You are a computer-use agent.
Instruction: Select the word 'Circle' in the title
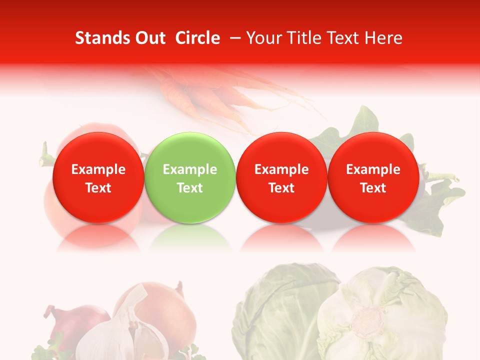pyautogui.click(x=197, y=38)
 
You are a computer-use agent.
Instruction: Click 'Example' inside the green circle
pyautogui.click(x=190, y=169)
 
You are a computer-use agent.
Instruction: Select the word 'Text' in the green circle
pyautogui.click(x=190, y=188)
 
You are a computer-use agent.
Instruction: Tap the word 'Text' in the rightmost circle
pyautogui.click(x=373, y=188)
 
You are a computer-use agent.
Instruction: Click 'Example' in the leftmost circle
pyautogui.click(x=98, y=169)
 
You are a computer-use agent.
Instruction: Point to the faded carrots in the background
pyautogui.click(x=210, y=95)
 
